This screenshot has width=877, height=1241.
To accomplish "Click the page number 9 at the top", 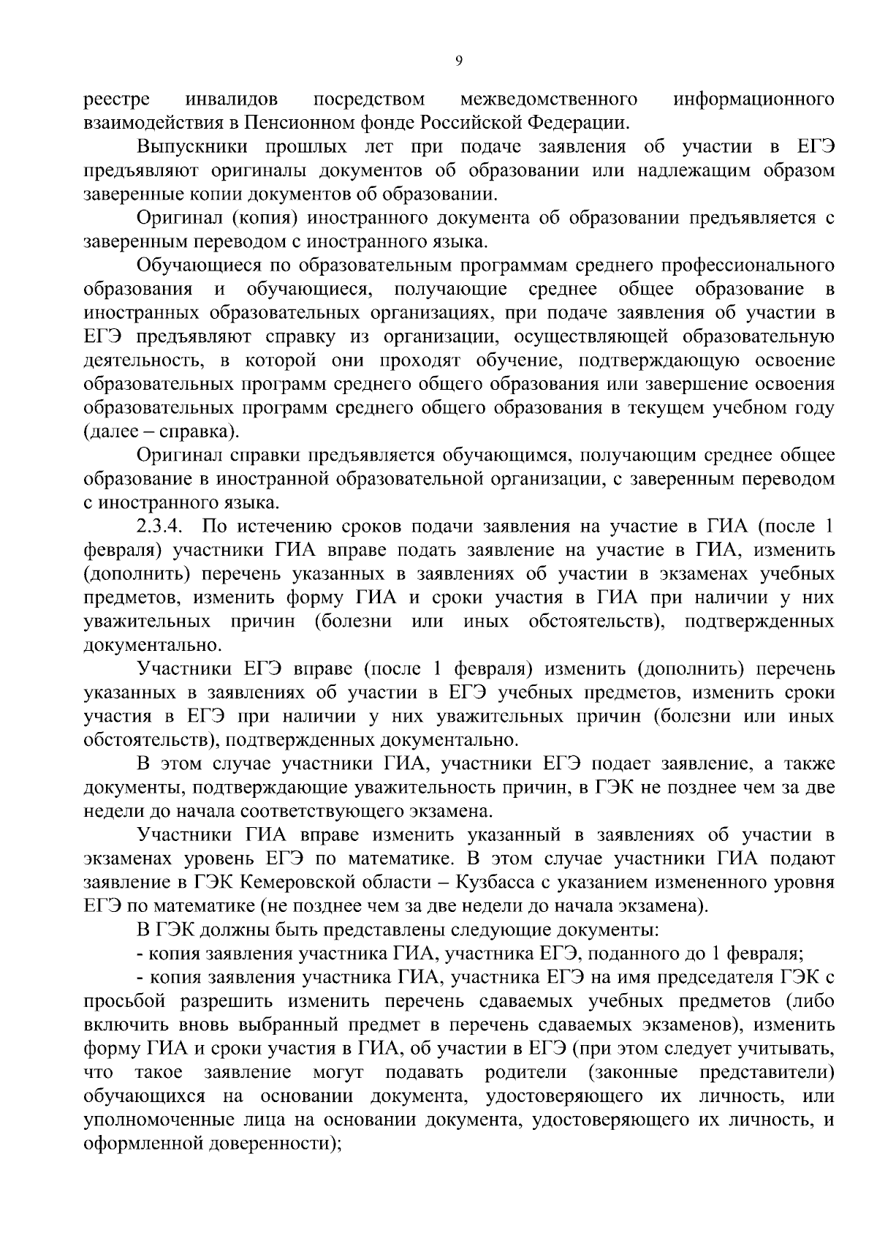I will [x=458, y=61].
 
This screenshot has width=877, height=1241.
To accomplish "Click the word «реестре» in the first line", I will [x=117, y=99].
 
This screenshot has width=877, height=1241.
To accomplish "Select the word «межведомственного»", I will [x=548, y=99].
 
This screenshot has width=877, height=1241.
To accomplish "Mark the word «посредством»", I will [x=369, y=99].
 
